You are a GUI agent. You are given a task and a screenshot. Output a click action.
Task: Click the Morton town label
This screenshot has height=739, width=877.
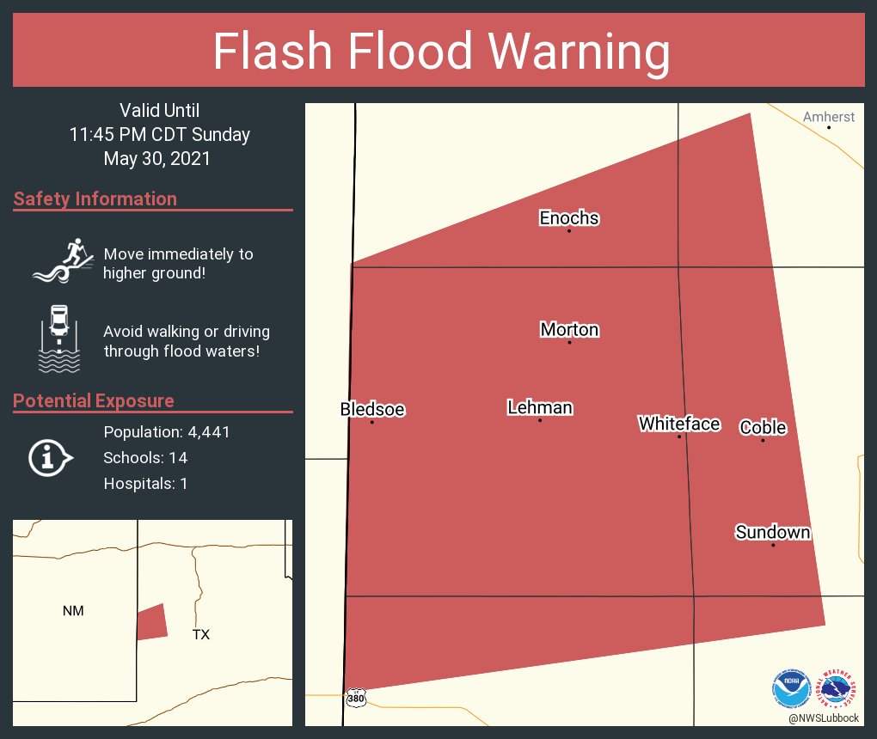569,330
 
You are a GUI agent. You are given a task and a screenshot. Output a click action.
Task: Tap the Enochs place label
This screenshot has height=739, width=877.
569,218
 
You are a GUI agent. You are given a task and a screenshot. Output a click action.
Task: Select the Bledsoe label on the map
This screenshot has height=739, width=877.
372,410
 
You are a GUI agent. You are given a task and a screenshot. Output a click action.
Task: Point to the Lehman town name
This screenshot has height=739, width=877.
540,407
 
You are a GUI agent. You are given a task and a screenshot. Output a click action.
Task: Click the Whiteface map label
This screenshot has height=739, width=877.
678,424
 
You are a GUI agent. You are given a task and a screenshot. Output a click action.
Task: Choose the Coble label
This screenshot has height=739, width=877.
763,428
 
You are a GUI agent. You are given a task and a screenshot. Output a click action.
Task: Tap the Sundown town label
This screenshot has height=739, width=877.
772,533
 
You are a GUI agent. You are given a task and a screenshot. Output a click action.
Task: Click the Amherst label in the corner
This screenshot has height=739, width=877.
829,117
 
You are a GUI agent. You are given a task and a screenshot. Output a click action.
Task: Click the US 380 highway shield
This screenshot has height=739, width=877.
355,699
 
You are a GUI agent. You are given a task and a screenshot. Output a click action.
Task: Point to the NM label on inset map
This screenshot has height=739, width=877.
73,611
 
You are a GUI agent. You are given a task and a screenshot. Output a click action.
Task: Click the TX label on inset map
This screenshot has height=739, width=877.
200,635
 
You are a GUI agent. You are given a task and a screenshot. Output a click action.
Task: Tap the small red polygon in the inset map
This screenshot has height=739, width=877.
151,622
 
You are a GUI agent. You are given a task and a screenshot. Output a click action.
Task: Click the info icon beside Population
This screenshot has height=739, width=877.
50,457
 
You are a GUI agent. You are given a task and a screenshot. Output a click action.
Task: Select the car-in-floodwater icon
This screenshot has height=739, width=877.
58,339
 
